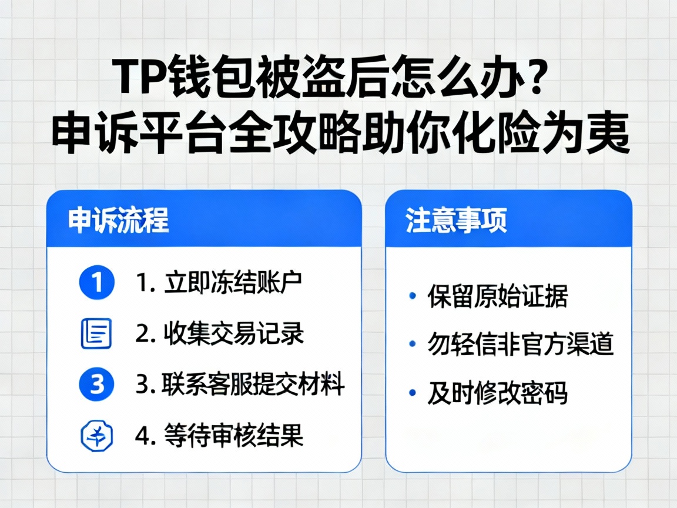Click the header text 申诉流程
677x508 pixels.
click(118, 220)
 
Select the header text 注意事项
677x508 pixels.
click(456, 220)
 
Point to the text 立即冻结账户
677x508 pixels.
click(233, 283)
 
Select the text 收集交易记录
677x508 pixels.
click(234, 333)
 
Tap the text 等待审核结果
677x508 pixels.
click(234, 436)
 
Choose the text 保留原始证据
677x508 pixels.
click(497, 296)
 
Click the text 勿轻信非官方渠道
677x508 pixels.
click(521, 345)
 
